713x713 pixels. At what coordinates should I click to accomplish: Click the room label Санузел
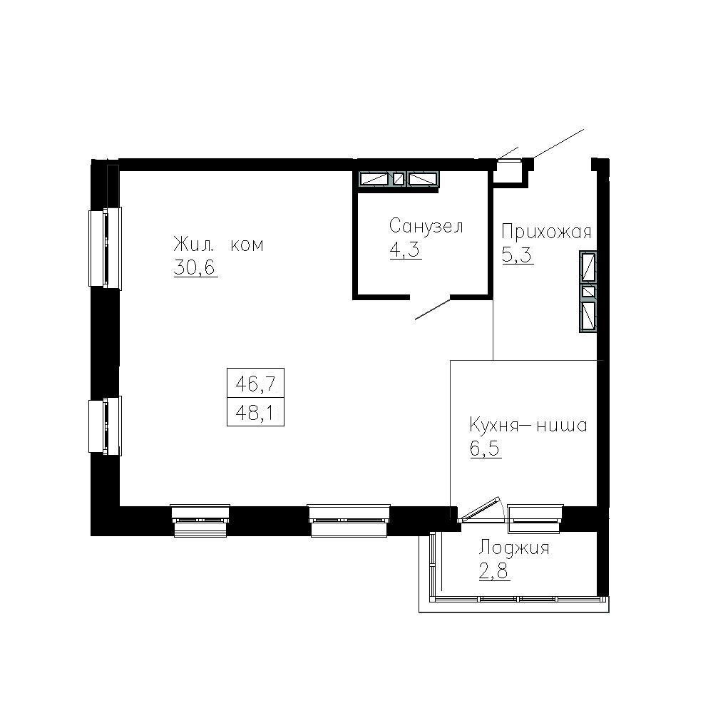pos(426,227)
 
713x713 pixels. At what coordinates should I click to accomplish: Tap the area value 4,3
pos(405,251)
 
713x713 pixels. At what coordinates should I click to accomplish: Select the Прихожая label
pos(546,232)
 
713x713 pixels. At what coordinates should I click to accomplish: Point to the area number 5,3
pos(518,255)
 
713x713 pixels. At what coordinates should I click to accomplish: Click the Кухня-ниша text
pos(528,426)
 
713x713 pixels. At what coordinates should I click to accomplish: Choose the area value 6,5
pos(485,450)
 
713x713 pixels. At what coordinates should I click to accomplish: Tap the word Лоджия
pos(513,548)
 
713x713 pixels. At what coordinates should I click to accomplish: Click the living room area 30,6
pos(195,267)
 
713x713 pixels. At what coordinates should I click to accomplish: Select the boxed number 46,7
pos(255,386)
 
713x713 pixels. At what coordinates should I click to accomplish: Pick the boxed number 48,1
pos(255,412)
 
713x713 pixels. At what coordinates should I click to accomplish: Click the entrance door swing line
pos(556,145)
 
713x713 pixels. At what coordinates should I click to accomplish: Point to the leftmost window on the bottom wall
pos(201,518)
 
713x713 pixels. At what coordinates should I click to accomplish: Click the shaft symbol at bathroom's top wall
pos(399,179)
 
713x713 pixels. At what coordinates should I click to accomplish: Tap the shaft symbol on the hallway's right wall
pos(588,292)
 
